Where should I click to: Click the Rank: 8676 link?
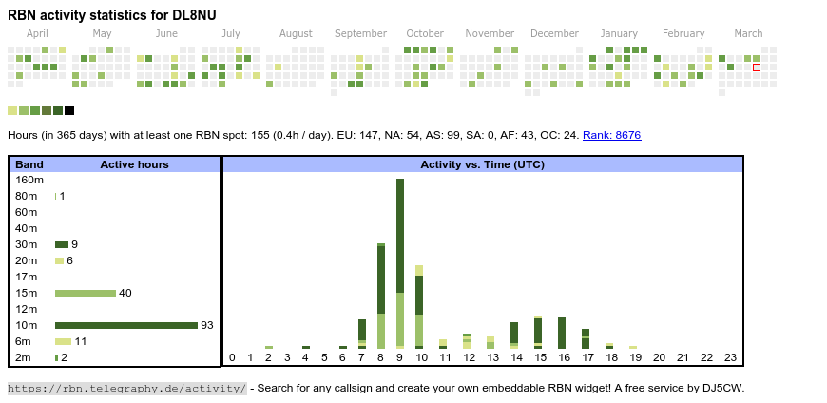tap(611, 135)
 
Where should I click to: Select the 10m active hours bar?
tap(125, 325)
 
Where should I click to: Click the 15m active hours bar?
tap(86, 293)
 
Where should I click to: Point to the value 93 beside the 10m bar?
tap(206, 325)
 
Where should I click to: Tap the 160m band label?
tap(29, 180)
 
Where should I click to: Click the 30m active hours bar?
tap(62, 244)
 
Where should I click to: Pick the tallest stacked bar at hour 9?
tap(400, 263)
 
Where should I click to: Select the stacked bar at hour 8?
tap(381, 297)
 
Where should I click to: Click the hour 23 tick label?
tap(731, 357)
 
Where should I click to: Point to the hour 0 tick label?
tap(232, 357)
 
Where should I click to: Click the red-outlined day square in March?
tap(757, 67)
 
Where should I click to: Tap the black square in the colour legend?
tap(69, 110)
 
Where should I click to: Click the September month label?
tap(360, 34)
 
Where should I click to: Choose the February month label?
tap(683, 34)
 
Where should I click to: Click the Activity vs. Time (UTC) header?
tap(482, 164)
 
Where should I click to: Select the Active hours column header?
tap(134, 164)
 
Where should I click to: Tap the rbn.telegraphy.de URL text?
tap(126, 388)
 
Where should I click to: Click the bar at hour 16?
tap(562, 333)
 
